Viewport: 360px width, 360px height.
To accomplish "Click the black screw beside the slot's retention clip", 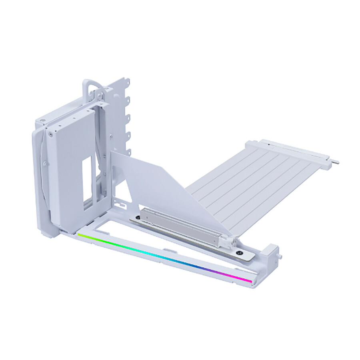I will (239, 252).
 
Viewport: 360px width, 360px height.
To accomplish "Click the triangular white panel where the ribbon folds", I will (160, 180).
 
